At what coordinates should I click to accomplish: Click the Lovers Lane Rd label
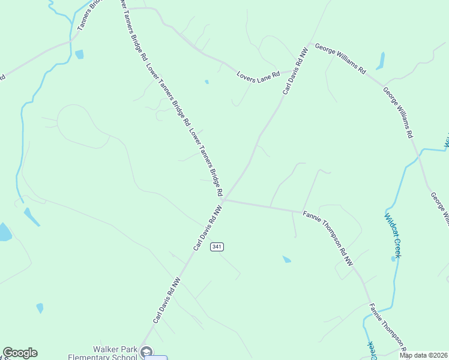pyautogui.click(x=259, y=75)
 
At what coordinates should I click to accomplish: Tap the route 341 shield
pyautogui.click(x=217, y=247)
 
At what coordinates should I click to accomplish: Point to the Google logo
pyautogui.click(x=20, y=353)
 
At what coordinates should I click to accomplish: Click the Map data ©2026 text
pyautogui.click(x=423, y=355)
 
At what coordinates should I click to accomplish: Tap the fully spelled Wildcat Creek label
pyautogui.click(x=393, y=235)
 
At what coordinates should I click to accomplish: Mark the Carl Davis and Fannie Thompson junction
pyautogui.click(x=224, y=200)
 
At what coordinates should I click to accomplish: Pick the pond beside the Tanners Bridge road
pyautogui.click(x=79, y=54)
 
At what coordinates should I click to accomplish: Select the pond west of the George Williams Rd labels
pyautogui.click(x=380, y=61)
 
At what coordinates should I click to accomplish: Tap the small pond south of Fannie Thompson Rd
pyautogui.click(x=287, y=259)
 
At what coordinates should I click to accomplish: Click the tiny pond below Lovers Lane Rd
pyautogui.click(x=206, y=82)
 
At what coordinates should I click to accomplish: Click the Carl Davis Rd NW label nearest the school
pyautogui.click(x=166, y=300)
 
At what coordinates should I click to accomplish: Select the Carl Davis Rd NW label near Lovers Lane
pyautogui.click(x=295, y=71)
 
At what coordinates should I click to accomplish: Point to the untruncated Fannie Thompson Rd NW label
pyautogui.click(x=328, y=238)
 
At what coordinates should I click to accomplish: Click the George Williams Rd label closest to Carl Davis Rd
pyautogui.click(x=340, y=58)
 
